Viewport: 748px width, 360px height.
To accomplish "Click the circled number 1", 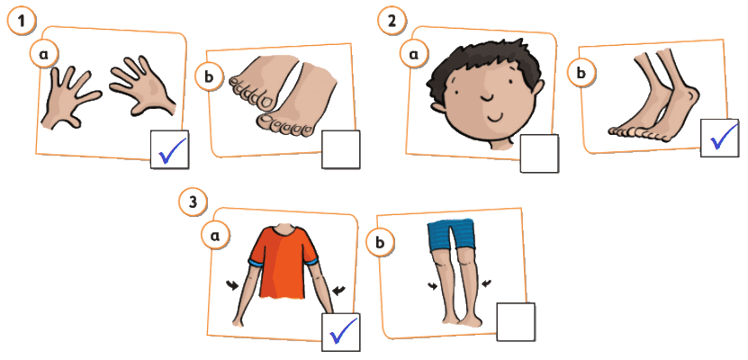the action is click(21, 21).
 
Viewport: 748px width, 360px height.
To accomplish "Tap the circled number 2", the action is click(392, 21).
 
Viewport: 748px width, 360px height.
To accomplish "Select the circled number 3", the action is click(193, 202).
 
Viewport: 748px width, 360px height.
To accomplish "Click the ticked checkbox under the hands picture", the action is click(170, 149).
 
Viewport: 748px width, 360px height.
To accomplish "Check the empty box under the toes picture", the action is click(340, 149).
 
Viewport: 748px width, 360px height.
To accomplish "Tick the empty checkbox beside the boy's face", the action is click(539, 153).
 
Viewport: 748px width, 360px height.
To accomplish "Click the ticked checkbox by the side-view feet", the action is click(720, 138).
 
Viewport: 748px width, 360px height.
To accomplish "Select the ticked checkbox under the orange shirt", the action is click(341, 332).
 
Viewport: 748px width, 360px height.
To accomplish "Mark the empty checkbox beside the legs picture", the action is click(516, 322).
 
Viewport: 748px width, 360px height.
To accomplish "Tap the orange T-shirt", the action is click(284, 262).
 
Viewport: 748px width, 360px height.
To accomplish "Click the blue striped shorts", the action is click(451, 235).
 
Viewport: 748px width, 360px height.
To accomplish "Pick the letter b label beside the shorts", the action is click(380, 243).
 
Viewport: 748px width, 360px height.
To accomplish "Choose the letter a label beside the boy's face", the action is click(413, 55).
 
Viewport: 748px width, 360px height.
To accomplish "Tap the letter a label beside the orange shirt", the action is click(215, 235).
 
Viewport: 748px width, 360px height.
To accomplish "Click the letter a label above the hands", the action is click(44, 54).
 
